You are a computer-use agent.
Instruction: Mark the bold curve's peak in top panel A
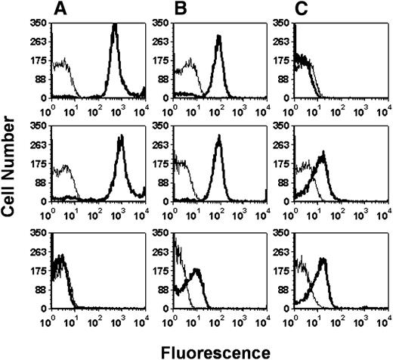pos(115,26)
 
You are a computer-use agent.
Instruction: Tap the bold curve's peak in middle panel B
pos(218,137)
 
